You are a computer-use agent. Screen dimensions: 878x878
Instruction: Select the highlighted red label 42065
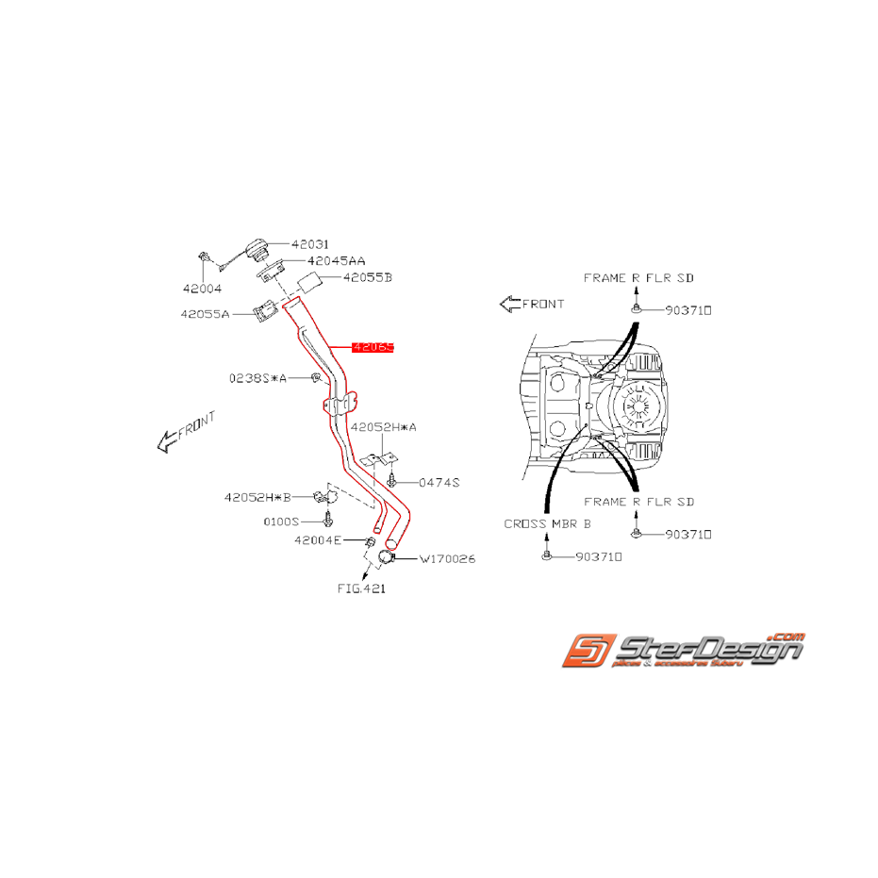373,347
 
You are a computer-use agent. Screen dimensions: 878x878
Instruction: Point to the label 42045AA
337,260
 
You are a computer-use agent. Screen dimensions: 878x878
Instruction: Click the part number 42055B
367,277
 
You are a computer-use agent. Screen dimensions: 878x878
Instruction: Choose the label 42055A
206,314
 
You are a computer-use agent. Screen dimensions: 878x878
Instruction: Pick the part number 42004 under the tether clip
203,289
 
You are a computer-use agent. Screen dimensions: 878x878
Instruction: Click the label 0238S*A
257,378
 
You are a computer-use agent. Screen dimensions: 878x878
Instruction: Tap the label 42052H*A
384,427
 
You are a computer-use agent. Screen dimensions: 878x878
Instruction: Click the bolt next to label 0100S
328,520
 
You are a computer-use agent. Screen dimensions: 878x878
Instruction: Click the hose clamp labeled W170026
386,558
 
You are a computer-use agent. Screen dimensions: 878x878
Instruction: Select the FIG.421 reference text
361,588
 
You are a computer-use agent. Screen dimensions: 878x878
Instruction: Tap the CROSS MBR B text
547,522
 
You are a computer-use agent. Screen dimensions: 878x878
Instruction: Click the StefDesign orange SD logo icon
589,653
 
